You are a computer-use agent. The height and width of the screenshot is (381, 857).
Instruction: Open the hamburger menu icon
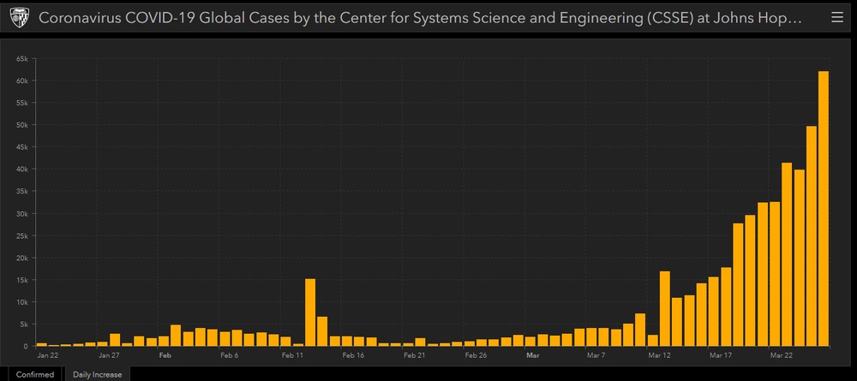(837, 17)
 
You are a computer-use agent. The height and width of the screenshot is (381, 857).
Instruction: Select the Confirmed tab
(33, 374)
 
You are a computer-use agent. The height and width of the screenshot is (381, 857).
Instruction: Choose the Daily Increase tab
(97, 374)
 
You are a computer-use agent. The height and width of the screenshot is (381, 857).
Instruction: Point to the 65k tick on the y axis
(23, 58)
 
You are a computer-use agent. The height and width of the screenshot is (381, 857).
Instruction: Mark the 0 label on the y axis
(27, 346)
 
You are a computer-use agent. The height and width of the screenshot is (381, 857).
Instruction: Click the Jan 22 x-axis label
(48, 354)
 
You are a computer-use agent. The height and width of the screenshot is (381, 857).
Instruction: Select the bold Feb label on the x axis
(165, 354)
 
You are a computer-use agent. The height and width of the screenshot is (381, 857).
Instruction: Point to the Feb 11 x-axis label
(292, 354)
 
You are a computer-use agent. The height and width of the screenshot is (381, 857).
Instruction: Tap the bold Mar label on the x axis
(532, 354)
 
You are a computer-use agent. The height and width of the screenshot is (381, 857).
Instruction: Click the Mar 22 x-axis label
(781, 354)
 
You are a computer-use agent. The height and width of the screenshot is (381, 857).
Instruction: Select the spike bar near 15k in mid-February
(310, 313)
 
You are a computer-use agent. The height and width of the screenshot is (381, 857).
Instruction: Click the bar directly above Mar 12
(664, 308)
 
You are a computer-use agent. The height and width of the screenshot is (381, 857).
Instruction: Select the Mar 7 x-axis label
(596, 354)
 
